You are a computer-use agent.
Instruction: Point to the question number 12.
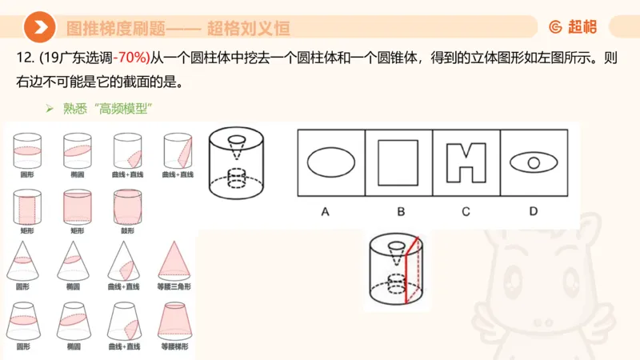coord(23,58)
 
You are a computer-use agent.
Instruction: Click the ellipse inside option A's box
coord(331,162)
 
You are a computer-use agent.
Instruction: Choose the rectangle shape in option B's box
coord(398,162)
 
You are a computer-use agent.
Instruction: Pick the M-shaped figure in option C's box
coord(466,162)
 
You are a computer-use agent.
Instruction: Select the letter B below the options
coord(400,211)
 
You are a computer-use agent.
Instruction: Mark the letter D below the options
coord(534,211)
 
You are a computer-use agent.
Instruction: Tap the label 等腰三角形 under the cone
coord(176,286)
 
